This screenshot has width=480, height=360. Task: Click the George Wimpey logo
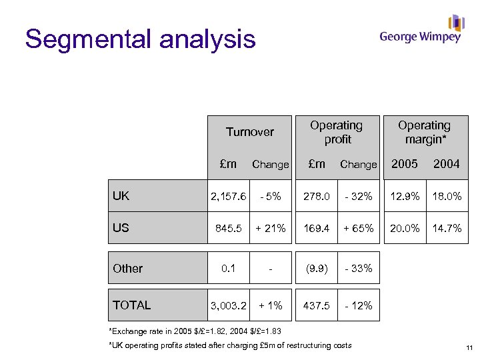421,30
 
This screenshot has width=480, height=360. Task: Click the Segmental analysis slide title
140,39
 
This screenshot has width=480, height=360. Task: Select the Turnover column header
249,132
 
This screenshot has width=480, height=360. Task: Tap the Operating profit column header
337,132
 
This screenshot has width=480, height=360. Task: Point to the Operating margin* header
424,132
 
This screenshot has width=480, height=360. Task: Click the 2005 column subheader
404,164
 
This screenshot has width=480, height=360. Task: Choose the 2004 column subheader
446,164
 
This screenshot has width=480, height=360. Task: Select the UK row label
121,196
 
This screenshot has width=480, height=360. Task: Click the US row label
121,228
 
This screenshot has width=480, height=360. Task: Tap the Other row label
128,269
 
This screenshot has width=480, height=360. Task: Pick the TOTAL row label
132,305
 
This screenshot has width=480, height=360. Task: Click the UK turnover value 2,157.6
229,197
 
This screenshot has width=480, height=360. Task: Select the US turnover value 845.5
229,228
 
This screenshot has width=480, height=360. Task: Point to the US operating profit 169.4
316,228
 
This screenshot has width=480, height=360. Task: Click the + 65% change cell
358,228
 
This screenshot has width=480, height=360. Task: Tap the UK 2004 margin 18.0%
446,197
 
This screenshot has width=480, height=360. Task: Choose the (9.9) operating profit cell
316,269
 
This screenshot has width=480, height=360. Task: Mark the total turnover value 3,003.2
229,305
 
